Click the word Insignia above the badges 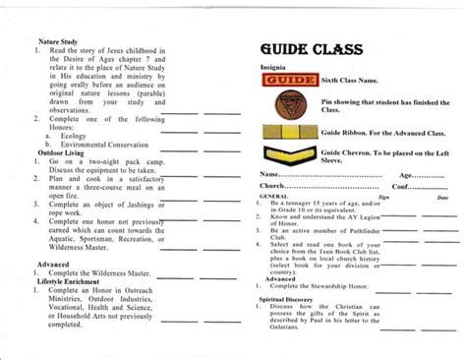(273, 68)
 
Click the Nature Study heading (58, 43)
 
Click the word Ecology (77, 137)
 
